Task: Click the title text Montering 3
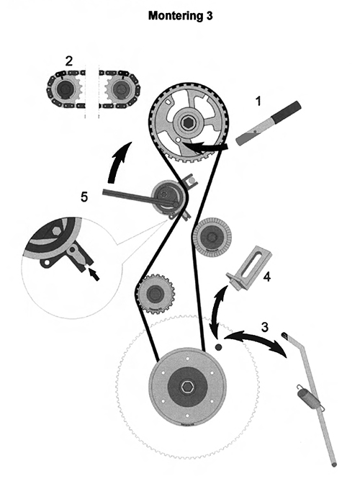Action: tap(180, 15)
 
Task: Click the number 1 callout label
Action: tap(258, 102)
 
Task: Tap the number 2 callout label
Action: tap(69, 60)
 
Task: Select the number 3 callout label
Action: tap(264, 327)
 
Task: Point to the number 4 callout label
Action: tap(267, 277)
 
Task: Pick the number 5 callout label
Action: tap(84, 197)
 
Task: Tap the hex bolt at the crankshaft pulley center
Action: tap(187, 387)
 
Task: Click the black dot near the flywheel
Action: tap(218, 346)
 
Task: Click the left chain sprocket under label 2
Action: tap(66, 89)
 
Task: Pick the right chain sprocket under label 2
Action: tap(119, 89)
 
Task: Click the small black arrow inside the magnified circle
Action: tap(94, 274)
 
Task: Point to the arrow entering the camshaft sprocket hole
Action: tap(204, 146)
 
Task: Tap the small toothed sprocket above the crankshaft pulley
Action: tap(155, 293)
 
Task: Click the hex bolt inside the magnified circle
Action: tap(56, 230)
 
